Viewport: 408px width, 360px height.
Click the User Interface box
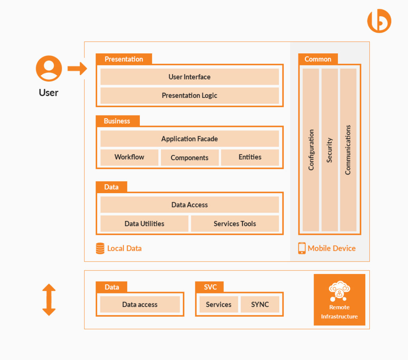189,77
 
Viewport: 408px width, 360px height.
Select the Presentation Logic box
189,96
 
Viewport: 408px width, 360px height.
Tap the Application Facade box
189,139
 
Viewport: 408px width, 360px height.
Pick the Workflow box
129,157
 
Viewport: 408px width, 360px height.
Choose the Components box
190,158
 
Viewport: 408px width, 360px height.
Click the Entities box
250,157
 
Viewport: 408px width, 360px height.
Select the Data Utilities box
144,224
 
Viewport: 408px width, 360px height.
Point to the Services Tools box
235,224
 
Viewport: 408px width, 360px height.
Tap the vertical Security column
330,150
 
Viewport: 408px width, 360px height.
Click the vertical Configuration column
311,150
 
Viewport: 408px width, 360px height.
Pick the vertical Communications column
348,150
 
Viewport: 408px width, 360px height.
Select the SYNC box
260,305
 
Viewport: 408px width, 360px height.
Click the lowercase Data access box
140,305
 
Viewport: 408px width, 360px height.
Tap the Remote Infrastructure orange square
339,300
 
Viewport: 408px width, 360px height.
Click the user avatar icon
49,68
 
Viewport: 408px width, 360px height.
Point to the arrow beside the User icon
77,68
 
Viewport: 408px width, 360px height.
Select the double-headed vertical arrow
49,300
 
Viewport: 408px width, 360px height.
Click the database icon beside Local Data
100,248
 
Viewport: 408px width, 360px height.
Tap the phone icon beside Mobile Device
302,248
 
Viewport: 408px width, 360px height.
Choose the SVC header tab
210,287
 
